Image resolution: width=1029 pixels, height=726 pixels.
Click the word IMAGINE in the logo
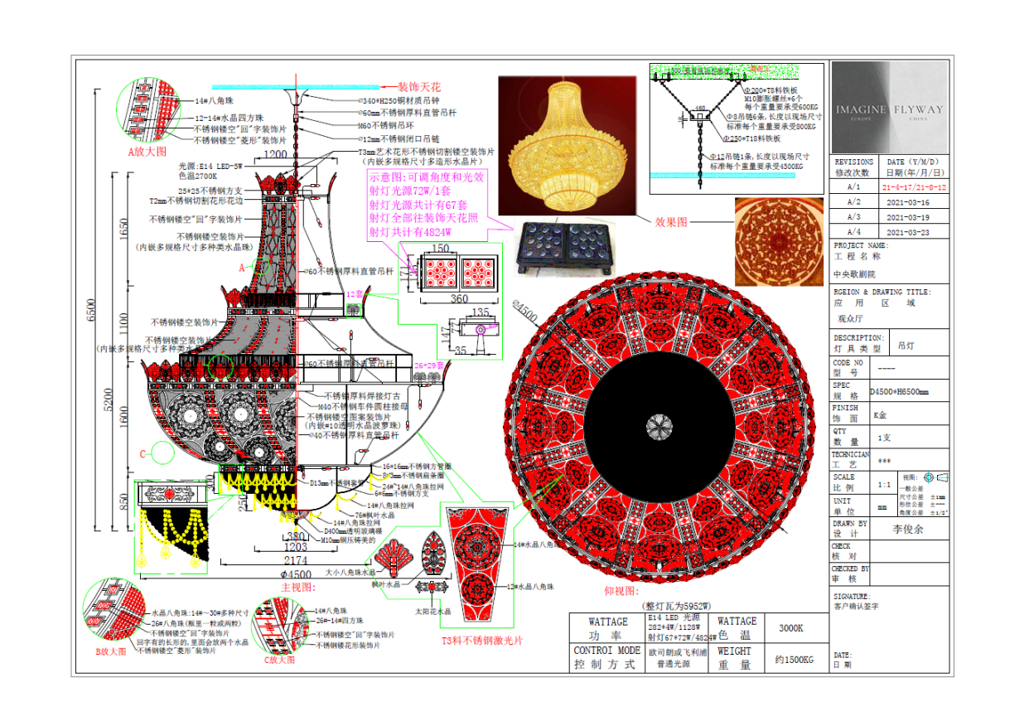point(861,109)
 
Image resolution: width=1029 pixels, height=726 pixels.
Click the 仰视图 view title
point(621,591)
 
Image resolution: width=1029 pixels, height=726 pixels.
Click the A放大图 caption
point(147,152)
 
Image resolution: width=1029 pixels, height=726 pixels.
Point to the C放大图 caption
point(279,660)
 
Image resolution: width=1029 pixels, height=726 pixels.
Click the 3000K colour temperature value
point(791,628)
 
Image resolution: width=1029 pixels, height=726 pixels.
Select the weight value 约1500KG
point(793,660)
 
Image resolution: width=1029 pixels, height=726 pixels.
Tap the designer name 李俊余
point(908,528)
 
